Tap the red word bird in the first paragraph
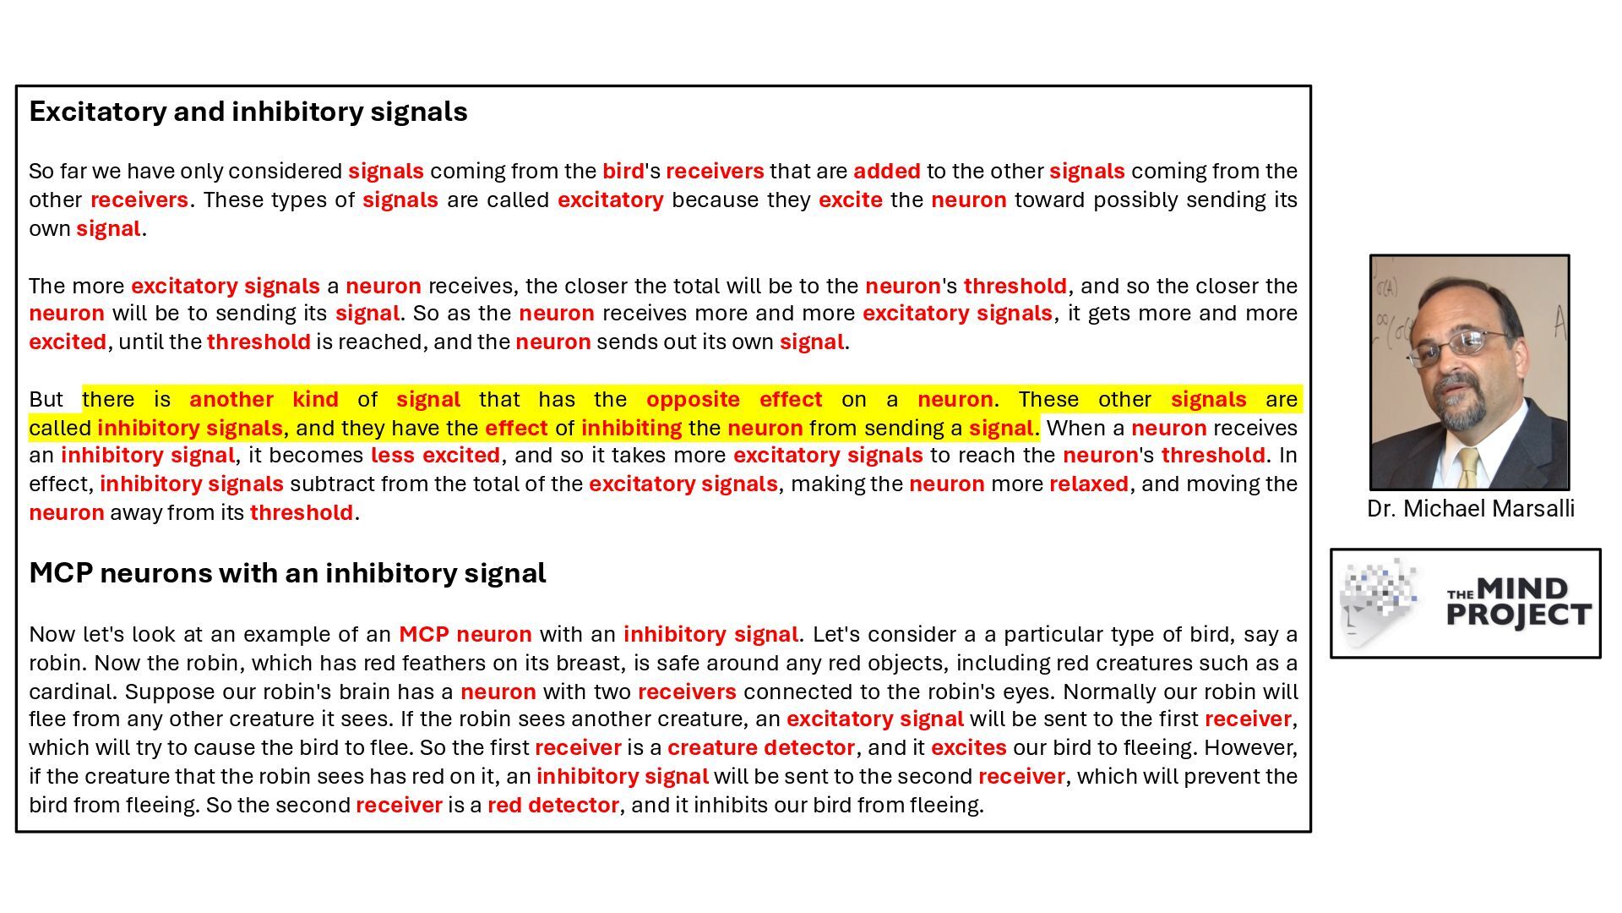tap(623, 172)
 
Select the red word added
tap(886, 172)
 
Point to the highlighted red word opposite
tap(693, 400)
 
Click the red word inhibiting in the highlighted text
tap(631, 429)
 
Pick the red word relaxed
tap(1088, 484)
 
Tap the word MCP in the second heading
tap(60, 573)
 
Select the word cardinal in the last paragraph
tap(73, 692)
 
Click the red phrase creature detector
tap(760, 748)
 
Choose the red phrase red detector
tap(552, 806)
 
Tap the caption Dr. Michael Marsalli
tap(1470, 509)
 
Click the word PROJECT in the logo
tap(1519, 615)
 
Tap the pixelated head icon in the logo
tap(1377, 602)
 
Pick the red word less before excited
tap(392, 456)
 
